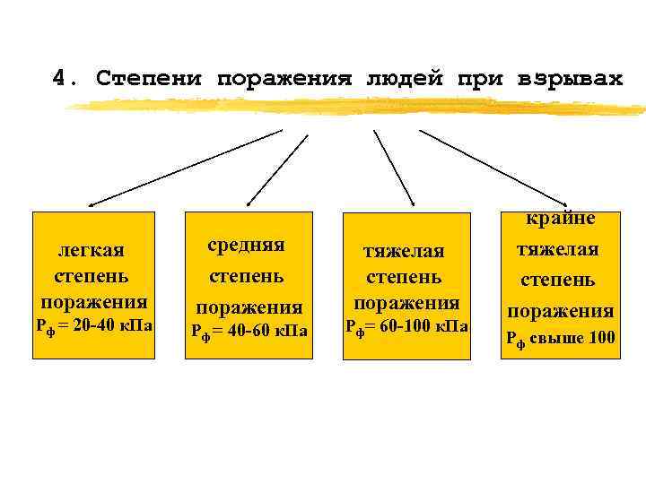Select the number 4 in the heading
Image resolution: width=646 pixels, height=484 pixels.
point(59,78)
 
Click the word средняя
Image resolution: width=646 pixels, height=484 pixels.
point(247,244)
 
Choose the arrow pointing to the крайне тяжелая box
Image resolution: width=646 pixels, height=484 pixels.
point(493,168)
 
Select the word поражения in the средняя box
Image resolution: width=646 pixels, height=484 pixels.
point(249,307)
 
